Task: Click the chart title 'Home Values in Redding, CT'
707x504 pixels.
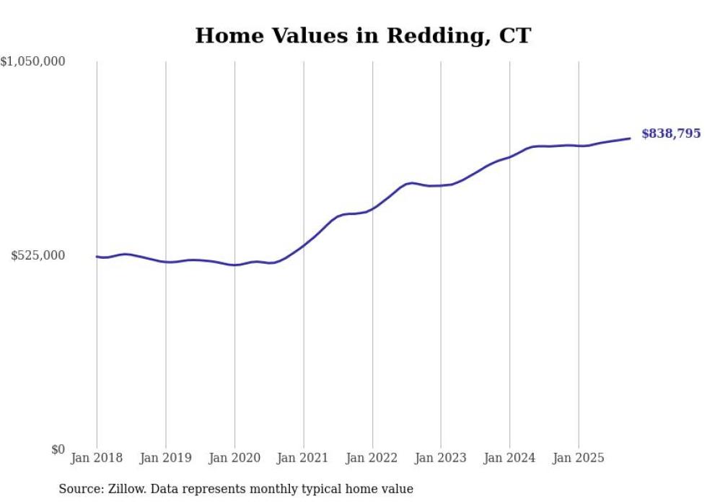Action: [363, 35]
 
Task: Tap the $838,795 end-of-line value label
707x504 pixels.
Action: [670, 133]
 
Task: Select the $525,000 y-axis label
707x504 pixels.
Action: [38, 255]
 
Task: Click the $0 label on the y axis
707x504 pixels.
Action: [58, 449]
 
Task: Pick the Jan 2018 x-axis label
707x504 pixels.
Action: [97, 458]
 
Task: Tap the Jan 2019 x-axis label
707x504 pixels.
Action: [166, 458]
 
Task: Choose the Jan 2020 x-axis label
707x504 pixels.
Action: [234, 458]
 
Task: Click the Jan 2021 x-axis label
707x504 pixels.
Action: [304, 458]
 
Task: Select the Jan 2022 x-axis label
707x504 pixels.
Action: [372, 458]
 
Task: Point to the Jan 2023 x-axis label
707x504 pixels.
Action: [441, 458]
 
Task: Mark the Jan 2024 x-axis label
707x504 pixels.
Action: [510, 458]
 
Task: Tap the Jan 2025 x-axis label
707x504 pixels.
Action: [579, 458]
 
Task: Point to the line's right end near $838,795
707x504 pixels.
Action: [630, 138]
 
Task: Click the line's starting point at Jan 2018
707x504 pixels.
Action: [97, 257]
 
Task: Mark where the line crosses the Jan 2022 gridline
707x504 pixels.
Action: [372, 208]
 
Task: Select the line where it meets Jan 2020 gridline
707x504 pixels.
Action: [234, 265]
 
